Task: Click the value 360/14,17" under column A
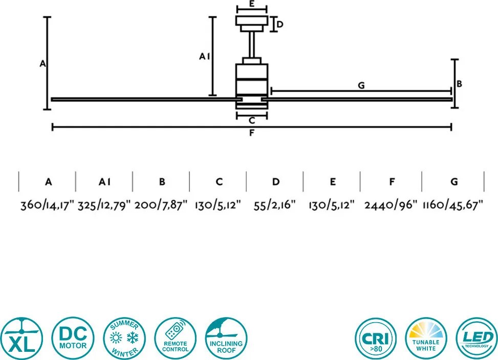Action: click(x=47, y=205)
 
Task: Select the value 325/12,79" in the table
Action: click(x=104, y=205)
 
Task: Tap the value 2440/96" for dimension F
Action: click(x=391, y=205)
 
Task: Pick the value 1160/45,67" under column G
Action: click(x=453, y=205)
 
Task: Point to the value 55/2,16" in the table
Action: click(x=275, y=205)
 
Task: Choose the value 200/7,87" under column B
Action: click(x=161, y=205)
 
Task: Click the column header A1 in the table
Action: click(x=104, y=182)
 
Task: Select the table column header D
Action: click(x=276, y=182)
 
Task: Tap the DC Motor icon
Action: click(x=73, y=338)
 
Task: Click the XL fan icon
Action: click(x=21, y=338)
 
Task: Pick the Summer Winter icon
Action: click(x=124, y=338)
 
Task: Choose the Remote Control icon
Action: click(x=176, y=338)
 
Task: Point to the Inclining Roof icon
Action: click(x=226, y=338)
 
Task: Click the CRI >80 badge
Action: click(x=376, y=339)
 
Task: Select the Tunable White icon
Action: click(x=426, y=339)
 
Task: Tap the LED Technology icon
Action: click(x=477, y=339)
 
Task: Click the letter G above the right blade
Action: click(x=361, y=85)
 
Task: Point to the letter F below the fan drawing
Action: click(x=251, y=133)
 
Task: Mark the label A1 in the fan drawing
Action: click(x=205, y=56)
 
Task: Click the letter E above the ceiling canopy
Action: click(x=251, y=4)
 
